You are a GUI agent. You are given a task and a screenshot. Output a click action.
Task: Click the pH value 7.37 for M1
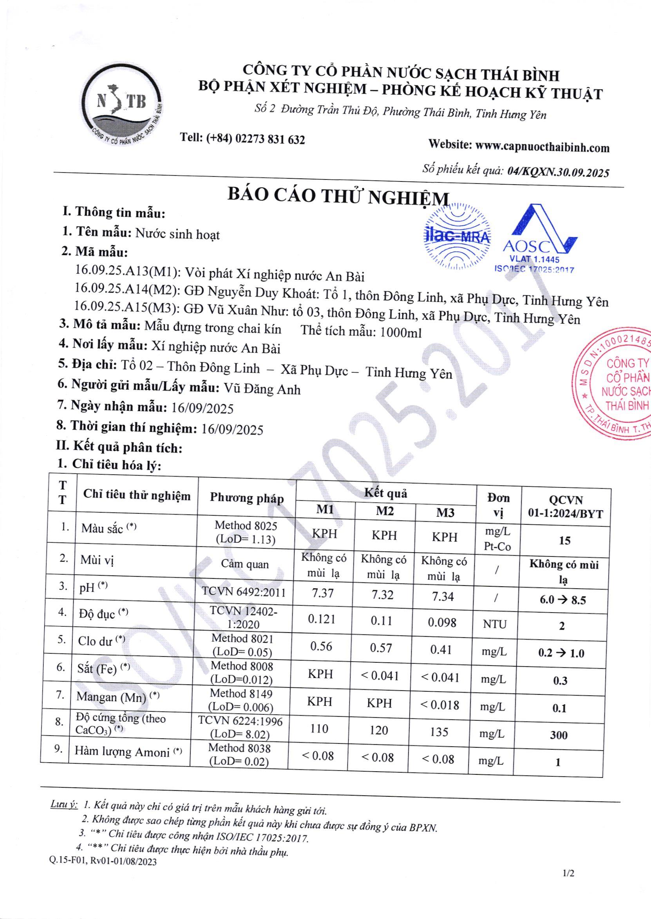pos(323,593)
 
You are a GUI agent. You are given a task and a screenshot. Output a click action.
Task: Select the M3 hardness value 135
pos(439,732)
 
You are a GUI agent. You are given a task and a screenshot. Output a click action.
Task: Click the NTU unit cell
pos(495,624)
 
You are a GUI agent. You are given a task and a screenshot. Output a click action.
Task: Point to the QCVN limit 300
pos(559,735)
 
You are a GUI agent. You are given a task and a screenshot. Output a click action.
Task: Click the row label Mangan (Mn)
pos(112,697)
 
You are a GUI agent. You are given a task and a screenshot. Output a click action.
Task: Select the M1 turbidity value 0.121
pos(322,619)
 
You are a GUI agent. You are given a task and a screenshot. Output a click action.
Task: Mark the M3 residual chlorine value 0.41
pos(441,649)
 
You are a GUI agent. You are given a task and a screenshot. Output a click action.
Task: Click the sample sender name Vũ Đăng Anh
pos(262,389)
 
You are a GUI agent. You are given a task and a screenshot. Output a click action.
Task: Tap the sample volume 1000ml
pos(401,332)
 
